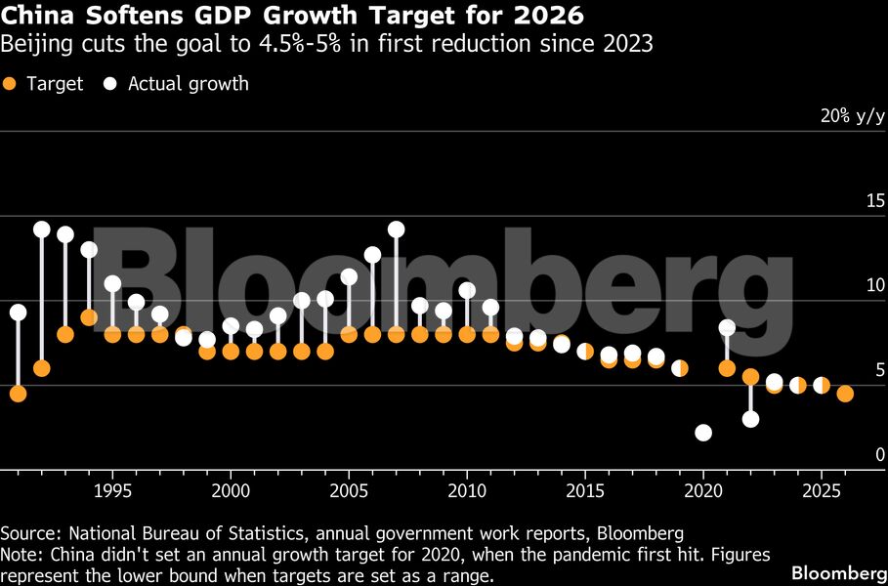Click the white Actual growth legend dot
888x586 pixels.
109,84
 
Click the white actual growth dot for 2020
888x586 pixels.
703,433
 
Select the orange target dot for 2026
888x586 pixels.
845,394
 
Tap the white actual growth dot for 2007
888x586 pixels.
396,230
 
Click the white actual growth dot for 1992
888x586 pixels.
41,230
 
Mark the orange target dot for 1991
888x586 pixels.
18,394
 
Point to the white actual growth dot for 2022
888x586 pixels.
750,419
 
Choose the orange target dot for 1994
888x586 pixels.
89,317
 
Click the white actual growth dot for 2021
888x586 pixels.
727,327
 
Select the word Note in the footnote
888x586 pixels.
20,555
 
